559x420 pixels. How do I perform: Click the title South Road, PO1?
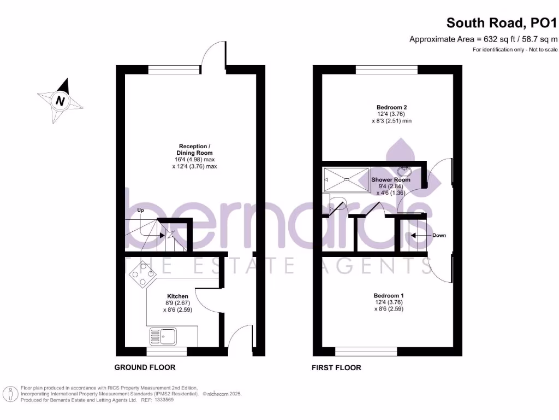coord(502,23)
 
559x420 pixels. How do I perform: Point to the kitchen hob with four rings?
coord(140,275)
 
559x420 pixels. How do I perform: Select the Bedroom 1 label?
coord(389,295)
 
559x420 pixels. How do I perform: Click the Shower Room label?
coord(391,179)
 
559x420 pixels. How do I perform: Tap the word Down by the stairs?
coord(439,236)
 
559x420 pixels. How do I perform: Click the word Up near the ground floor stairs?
coord(140,210)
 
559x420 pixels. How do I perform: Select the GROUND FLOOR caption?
coord(145,367)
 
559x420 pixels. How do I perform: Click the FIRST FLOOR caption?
coord(336,367)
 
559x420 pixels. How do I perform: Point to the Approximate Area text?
coord(484,39)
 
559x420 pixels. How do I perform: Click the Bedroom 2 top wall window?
coord(386,69)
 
